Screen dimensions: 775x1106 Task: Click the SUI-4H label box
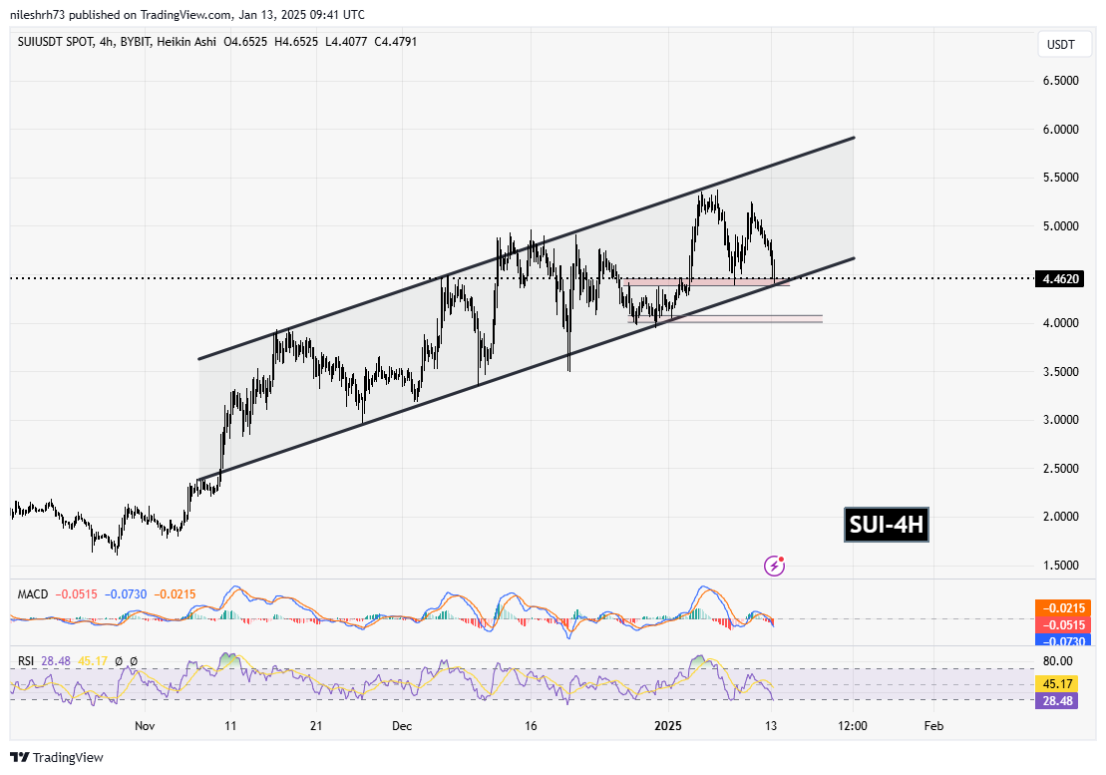[x=886, y=525]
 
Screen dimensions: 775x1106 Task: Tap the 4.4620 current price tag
[x=1064, y=279]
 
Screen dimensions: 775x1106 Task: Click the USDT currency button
[x=1062, y=45]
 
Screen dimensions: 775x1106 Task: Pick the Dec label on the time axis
[x=402, y=726]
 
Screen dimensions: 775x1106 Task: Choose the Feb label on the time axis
[x=933, y=726]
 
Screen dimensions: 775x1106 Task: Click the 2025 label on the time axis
[x=669, y=726]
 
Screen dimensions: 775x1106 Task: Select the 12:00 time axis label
[x=853, y=726]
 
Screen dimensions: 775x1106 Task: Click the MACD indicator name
[x=33, y=594]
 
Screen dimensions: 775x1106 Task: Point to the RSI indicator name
[x=28, y=660]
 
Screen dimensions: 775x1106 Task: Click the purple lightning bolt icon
[x=774, y=567]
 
